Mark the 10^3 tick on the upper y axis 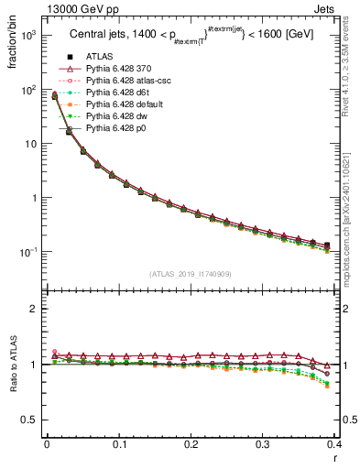pos(29,36)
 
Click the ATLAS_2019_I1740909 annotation pos(191,274)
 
